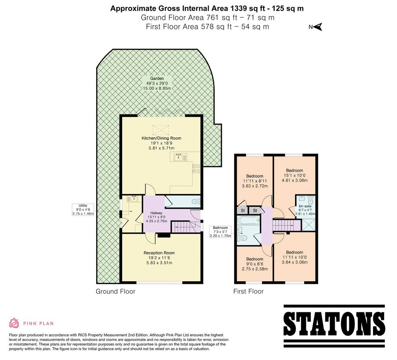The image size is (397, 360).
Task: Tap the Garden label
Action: click(157, 78)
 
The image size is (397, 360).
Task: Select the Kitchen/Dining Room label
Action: click(162, 138)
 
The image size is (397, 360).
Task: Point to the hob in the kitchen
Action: click(197, 169)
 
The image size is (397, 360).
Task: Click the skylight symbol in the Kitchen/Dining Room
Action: click(161, 130)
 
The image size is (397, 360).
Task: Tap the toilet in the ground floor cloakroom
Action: click(196, 202)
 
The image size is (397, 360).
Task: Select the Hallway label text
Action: click(156, 213)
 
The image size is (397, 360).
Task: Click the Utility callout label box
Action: click(83, 209)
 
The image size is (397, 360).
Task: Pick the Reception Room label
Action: click(159, 253)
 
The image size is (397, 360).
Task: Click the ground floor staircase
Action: click(186, 227)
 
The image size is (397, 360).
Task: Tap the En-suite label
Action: click(305, 206)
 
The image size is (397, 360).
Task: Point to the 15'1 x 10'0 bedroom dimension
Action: click(295, 175)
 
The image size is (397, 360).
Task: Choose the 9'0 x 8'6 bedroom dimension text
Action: click(255, 264)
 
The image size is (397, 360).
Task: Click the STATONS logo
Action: click(334, 326)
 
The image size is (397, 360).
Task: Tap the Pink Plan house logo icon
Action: click(14, 323)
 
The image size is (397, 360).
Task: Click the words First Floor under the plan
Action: click(249, 291)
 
